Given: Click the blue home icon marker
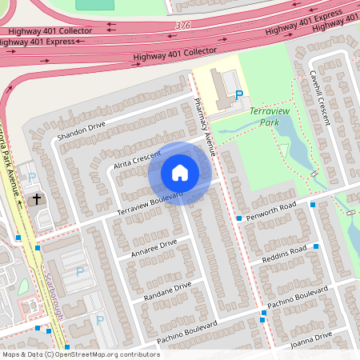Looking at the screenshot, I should pos(180,172).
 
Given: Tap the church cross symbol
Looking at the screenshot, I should pos(37,198).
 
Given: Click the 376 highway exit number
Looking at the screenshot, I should pos(183,26).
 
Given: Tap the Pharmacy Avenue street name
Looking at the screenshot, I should pos(206,124).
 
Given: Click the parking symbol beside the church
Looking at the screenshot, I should pos(32,177).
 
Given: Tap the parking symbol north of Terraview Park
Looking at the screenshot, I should pos(238,94).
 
